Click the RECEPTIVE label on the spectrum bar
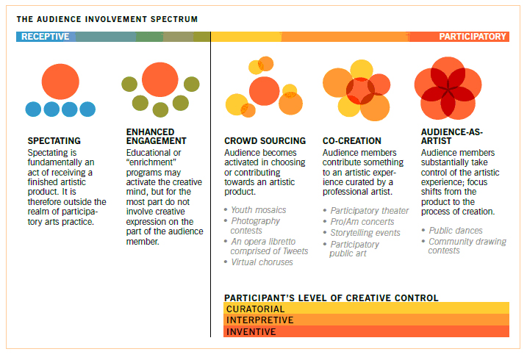pos(45,37)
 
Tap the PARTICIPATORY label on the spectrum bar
pos(473,37)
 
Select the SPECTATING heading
pos(54,141)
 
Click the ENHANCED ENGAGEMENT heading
pos(157,137)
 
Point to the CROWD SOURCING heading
pos(265,141)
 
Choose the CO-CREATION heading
pos(352,141)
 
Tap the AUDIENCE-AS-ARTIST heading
pos(452,137)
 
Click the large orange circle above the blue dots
pos(60,82)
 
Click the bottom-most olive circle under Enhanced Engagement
pos(160,109)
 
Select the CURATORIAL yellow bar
pos(366,309)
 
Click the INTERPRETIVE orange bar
pos(366,320)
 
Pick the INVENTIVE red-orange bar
pos(366,331)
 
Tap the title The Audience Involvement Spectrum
pos(107,19)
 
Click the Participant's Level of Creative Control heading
pos(331,298)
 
